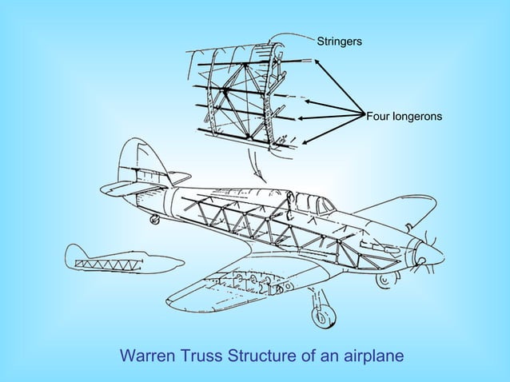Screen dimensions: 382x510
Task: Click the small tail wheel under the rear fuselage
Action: pyautogui.click(x=154, y=218)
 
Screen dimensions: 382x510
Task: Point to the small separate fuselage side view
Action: pyautogui.click(x=120, y=261)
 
